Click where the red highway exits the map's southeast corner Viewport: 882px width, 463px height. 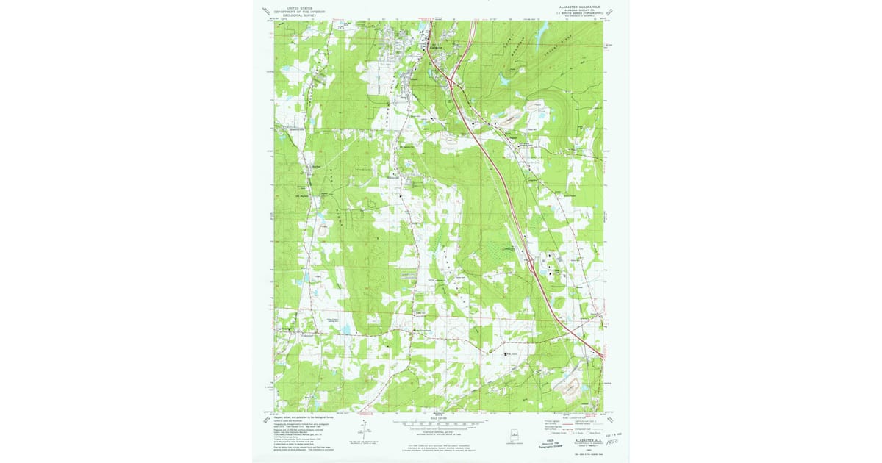coord(602,358)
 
